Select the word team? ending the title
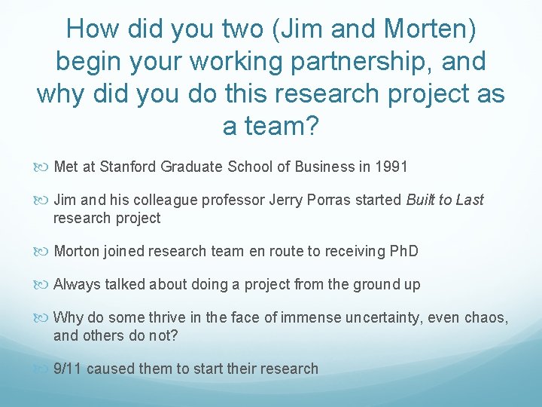pyautogui.click(x=271, y=125)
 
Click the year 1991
pyautogui.click(x=391, y=167)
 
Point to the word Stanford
pyautogui.click(x=129, y=167)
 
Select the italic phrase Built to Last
pyautogui.click(x=445, y=200)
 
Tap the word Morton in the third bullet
pyautogui.click(x=76, y=251)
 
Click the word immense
pyautogui.click(x=303, y=317)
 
